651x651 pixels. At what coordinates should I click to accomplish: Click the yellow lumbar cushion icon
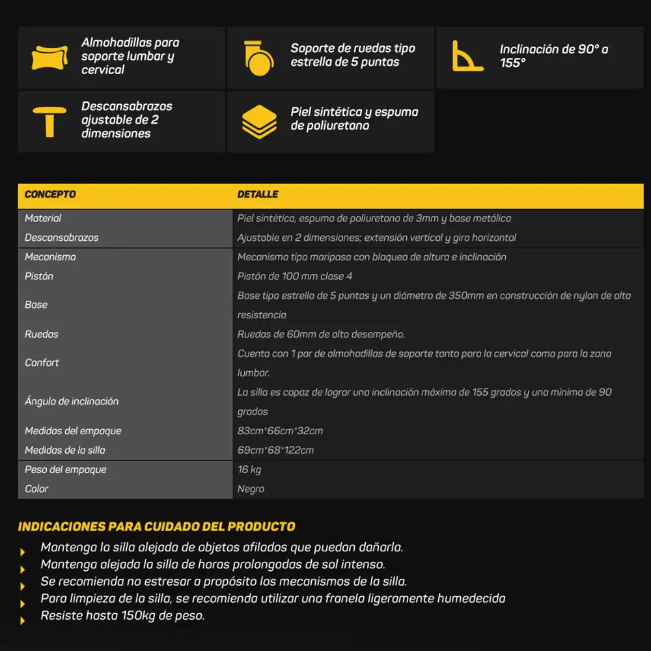pyautogui.click(x=49, y=57)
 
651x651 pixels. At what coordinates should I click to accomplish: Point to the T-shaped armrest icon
pyautogui.click(x=49, y=120)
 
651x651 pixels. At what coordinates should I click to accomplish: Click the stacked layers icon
pyautogui.click(x=259, y=120)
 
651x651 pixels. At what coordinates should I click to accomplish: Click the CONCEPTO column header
pyautogui.click(x=50, y=195)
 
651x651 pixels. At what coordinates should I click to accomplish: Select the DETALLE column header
pyautogui.click(x=258, y=195)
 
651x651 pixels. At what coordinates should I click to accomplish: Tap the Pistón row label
pyautogui.click(x=39, y=276)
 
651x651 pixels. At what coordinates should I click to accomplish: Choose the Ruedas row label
pyautogui.click(x=42, y=334)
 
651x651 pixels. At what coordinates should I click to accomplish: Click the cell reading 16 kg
pyautogui.click(x=249, y=469)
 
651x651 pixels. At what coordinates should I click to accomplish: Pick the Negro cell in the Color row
pyautogui.click(x=251, y=489)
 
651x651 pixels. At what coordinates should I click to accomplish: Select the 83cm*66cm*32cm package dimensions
pyautogui.click(x=280, y=431)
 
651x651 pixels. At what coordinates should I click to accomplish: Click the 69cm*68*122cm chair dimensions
pyautogui.click(x=275, y=450)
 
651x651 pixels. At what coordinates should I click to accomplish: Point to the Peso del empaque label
pyautogui.click(x=65, y=469)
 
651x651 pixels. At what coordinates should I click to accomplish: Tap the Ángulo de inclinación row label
pyautogui.click(x=72, y=402)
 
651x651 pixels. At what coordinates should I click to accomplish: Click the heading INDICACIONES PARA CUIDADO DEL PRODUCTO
pyautogui.click(x=156, y=527)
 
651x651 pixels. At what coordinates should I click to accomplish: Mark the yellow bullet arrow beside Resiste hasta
pyautogui.click(x=23, y=620)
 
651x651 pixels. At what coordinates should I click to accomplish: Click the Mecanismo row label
pyautogui.click(x=50, y=257)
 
